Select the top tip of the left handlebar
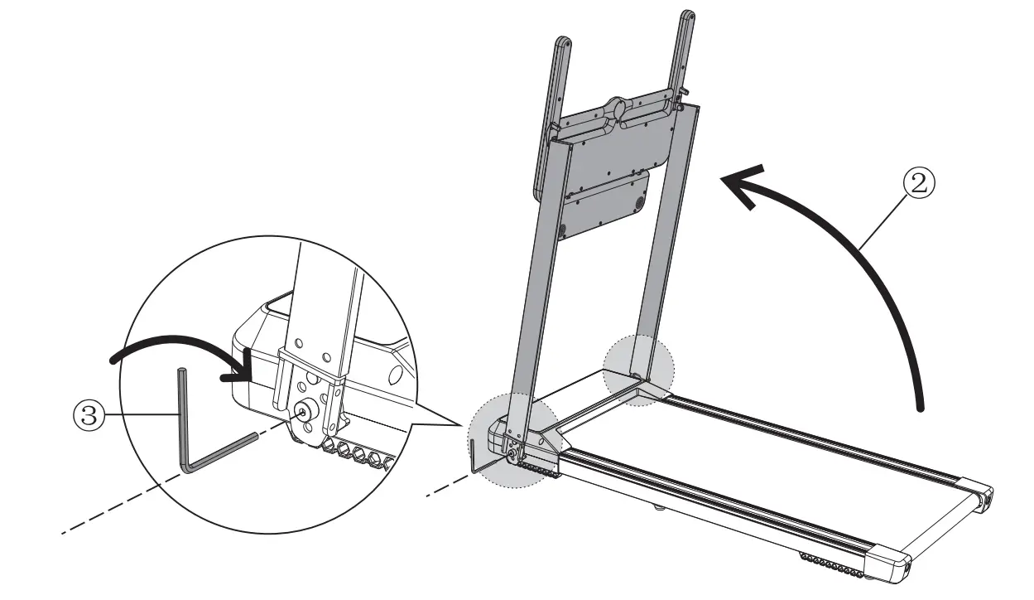pos(561,41)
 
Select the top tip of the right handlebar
pos(686,15)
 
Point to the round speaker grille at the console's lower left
pos(561,228)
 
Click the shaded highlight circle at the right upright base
pos(639,371)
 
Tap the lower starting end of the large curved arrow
pos(919,406)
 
